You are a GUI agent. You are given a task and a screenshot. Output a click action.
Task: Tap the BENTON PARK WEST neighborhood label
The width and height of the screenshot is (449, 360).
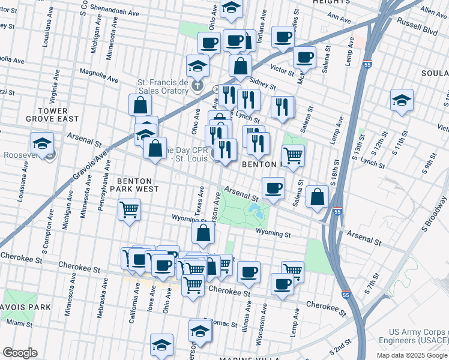click(138, 184)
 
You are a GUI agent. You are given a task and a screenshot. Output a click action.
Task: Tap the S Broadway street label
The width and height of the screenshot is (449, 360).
click(435, 216)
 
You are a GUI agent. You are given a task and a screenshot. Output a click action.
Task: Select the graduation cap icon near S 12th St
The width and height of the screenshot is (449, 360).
click(402, 100)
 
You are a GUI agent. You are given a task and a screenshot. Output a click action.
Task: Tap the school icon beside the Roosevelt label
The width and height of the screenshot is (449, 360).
click(42, 144)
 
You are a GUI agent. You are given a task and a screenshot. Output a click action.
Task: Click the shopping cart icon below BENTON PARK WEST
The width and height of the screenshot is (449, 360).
click(129, 211)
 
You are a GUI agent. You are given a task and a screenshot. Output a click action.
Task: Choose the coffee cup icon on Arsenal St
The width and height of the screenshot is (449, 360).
click(273, 188)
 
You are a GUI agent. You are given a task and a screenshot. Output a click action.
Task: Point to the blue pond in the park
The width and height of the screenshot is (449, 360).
click(256, 211)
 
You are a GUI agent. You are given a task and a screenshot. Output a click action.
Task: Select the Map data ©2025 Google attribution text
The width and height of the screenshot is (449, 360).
click(412, 355)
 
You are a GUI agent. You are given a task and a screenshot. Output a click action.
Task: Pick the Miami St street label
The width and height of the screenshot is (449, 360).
click(19, 323)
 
